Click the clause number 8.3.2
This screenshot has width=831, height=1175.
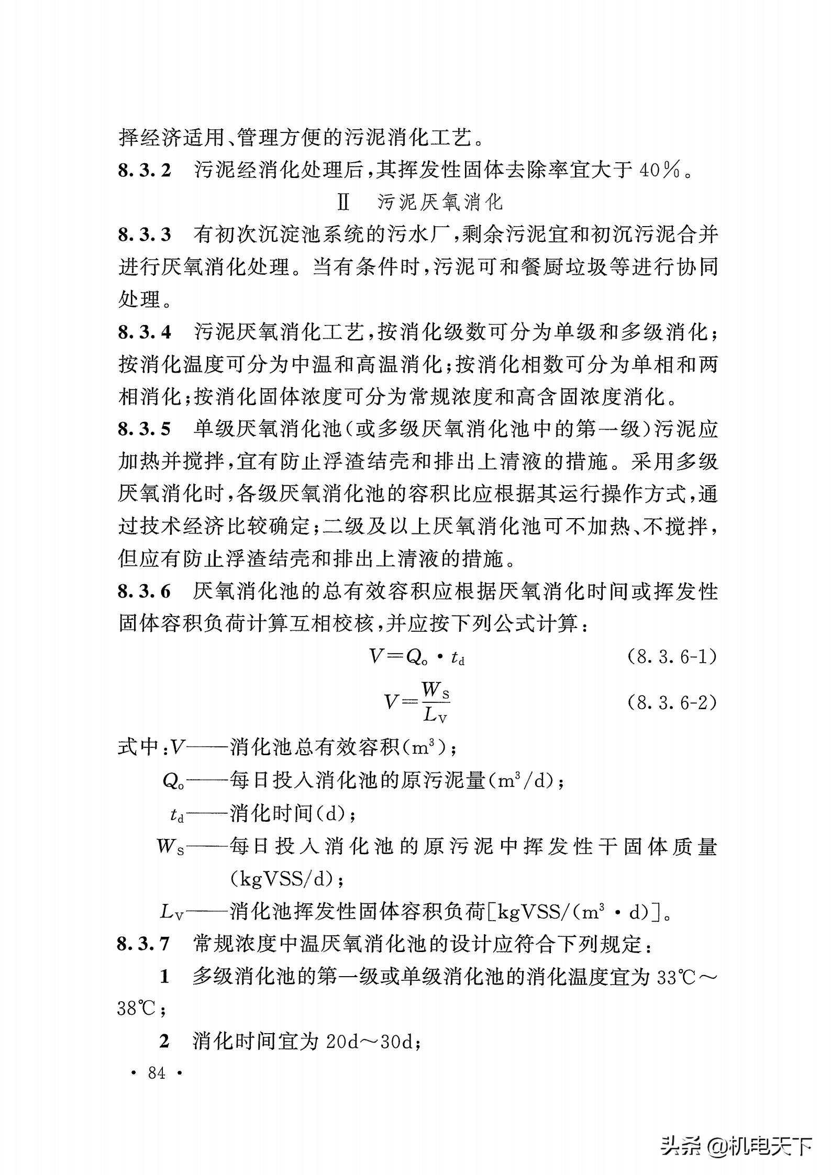[145, 170]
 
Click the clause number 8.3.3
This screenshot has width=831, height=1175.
[145, 234]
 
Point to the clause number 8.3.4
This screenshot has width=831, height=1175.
[145, 332]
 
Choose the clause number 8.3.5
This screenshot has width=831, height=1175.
[145, 430]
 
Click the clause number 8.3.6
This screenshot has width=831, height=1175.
[145, 592]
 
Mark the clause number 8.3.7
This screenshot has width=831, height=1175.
[145, 944]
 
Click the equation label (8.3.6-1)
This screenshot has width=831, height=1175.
[671, 657]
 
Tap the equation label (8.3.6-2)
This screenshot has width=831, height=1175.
[671, 702]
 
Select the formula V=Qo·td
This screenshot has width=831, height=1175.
[417, 657]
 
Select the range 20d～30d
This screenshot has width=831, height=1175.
[370, 1042]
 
